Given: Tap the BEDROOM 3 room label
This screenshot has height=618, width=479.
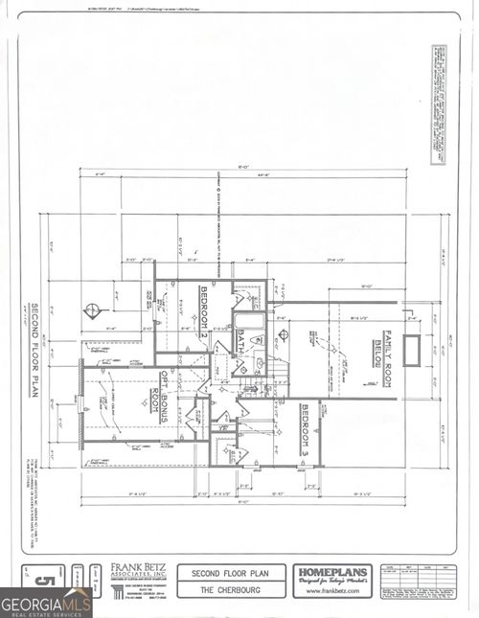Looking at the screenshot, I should (305, 423).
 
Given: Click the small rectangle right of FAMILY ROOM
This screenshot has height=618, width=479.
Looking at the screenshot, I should (412, 351).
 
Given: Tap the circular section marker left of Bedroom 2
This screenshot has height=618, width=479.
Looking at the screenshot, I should (92, 310).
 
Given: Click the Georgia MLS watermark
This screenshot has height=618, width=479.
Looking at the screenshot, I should (45, 604).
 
